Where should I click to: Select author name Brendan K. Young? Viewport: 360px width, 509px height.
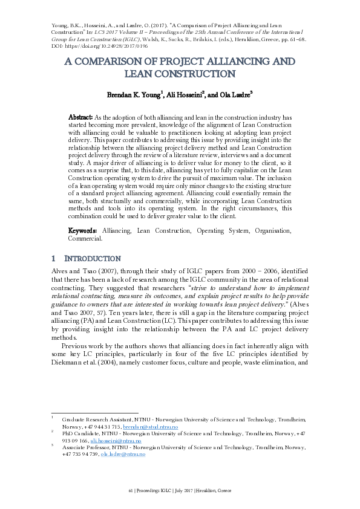134,95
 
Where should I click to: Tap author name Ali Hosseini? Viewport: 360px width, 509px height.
185,95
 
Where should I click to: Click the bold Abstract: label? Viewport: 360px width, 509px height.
80,117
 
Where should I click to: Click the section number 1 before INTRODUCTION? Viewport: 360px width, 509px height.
54,258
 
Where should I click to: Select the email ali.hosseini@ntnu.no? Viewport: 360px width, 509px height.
116,441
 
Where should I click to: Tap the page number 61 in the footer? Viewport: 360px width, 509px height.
131,490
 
